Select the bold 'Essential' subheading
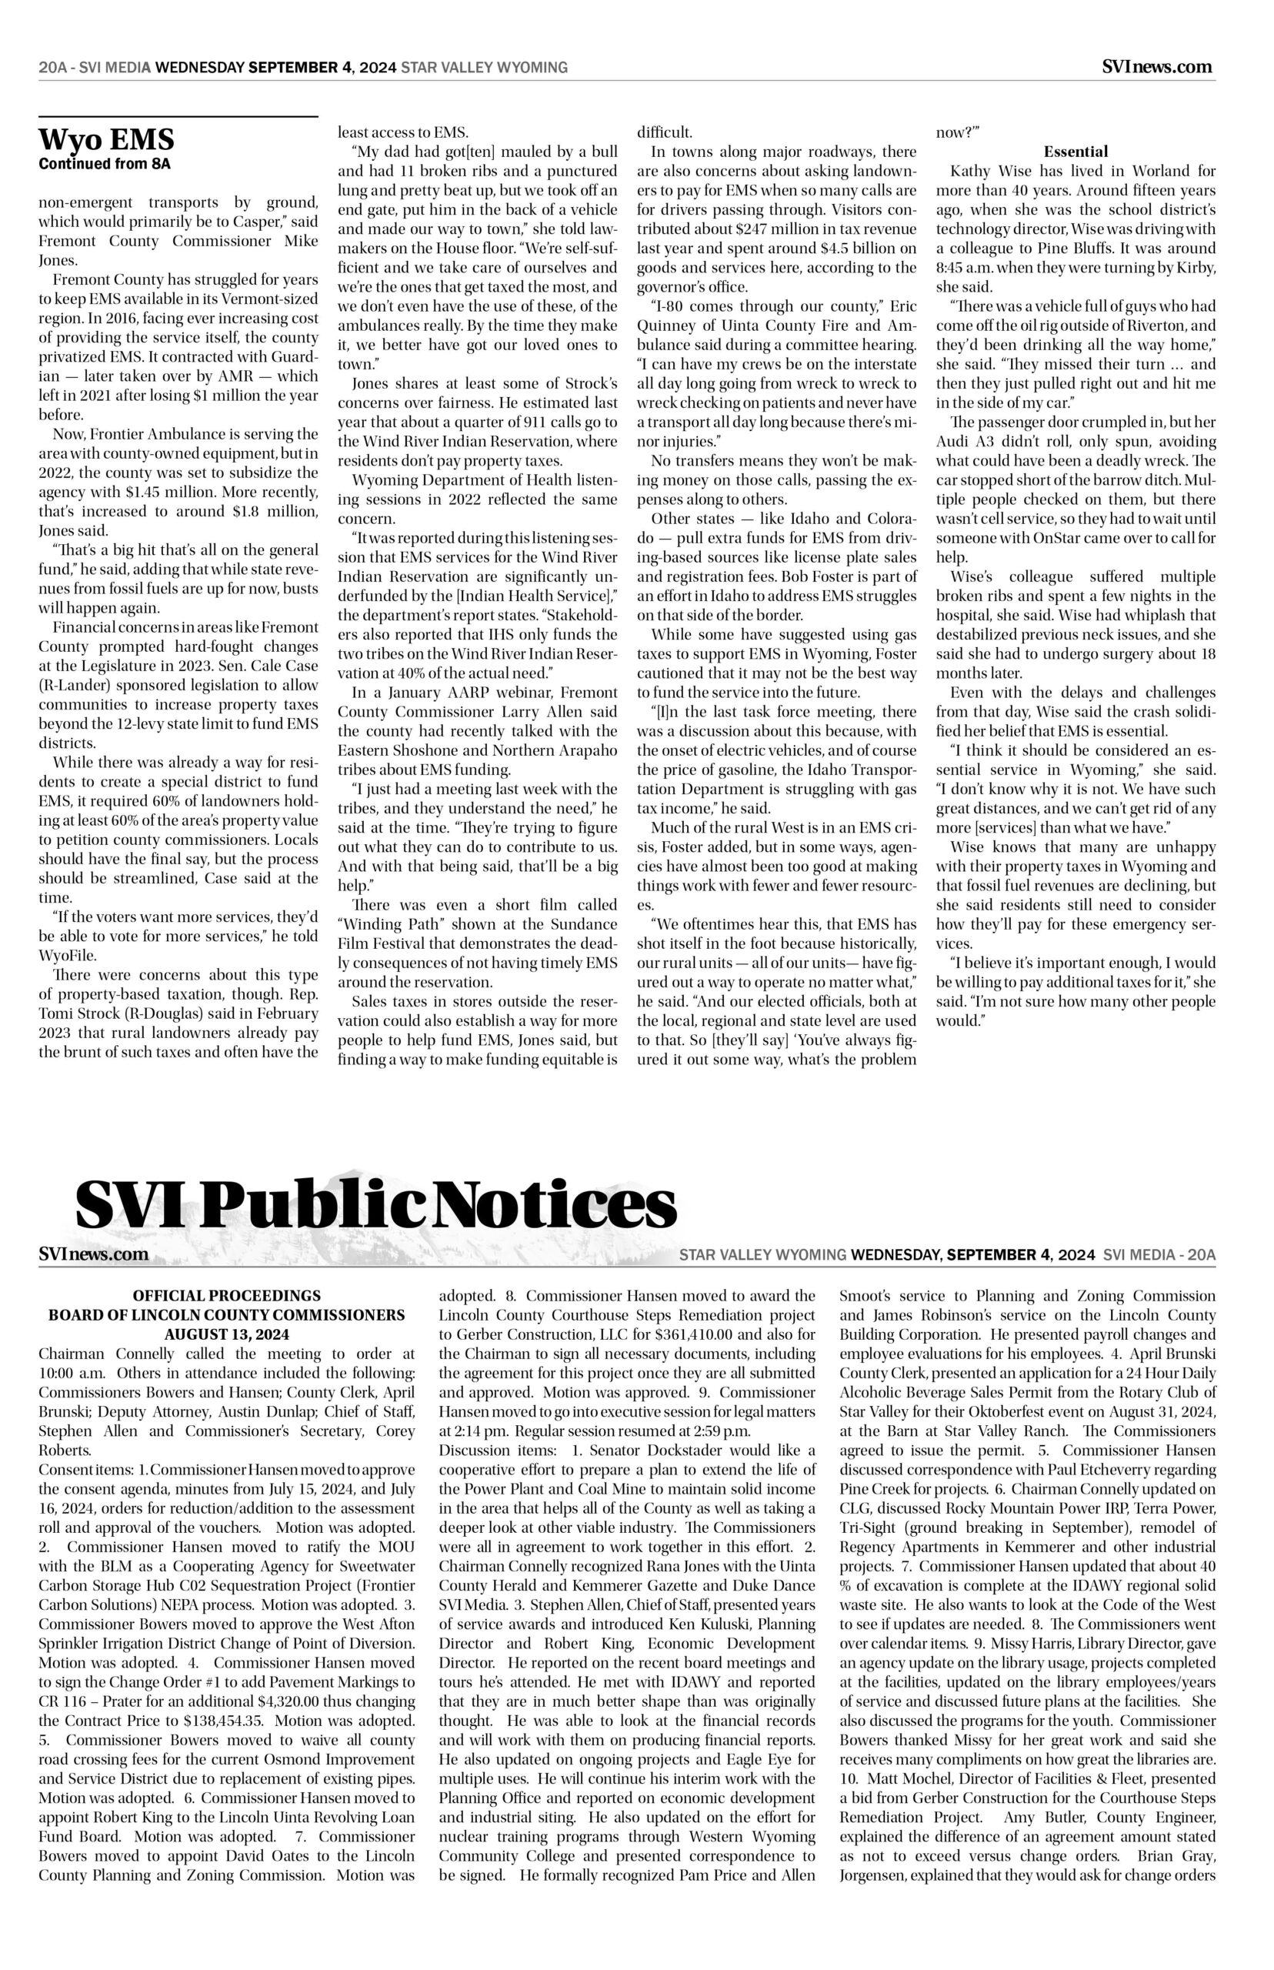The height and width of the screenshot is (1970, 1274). tap(1076, 152)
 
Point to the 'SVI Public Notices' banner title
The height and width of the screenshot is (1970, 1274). tap(376, 1207)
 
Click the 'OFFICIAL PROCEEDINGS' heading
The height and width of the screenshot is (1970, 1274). tap(227, 1296)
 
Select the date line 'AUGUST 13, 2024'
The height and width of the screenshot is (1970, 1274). tap(227, 1334)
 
